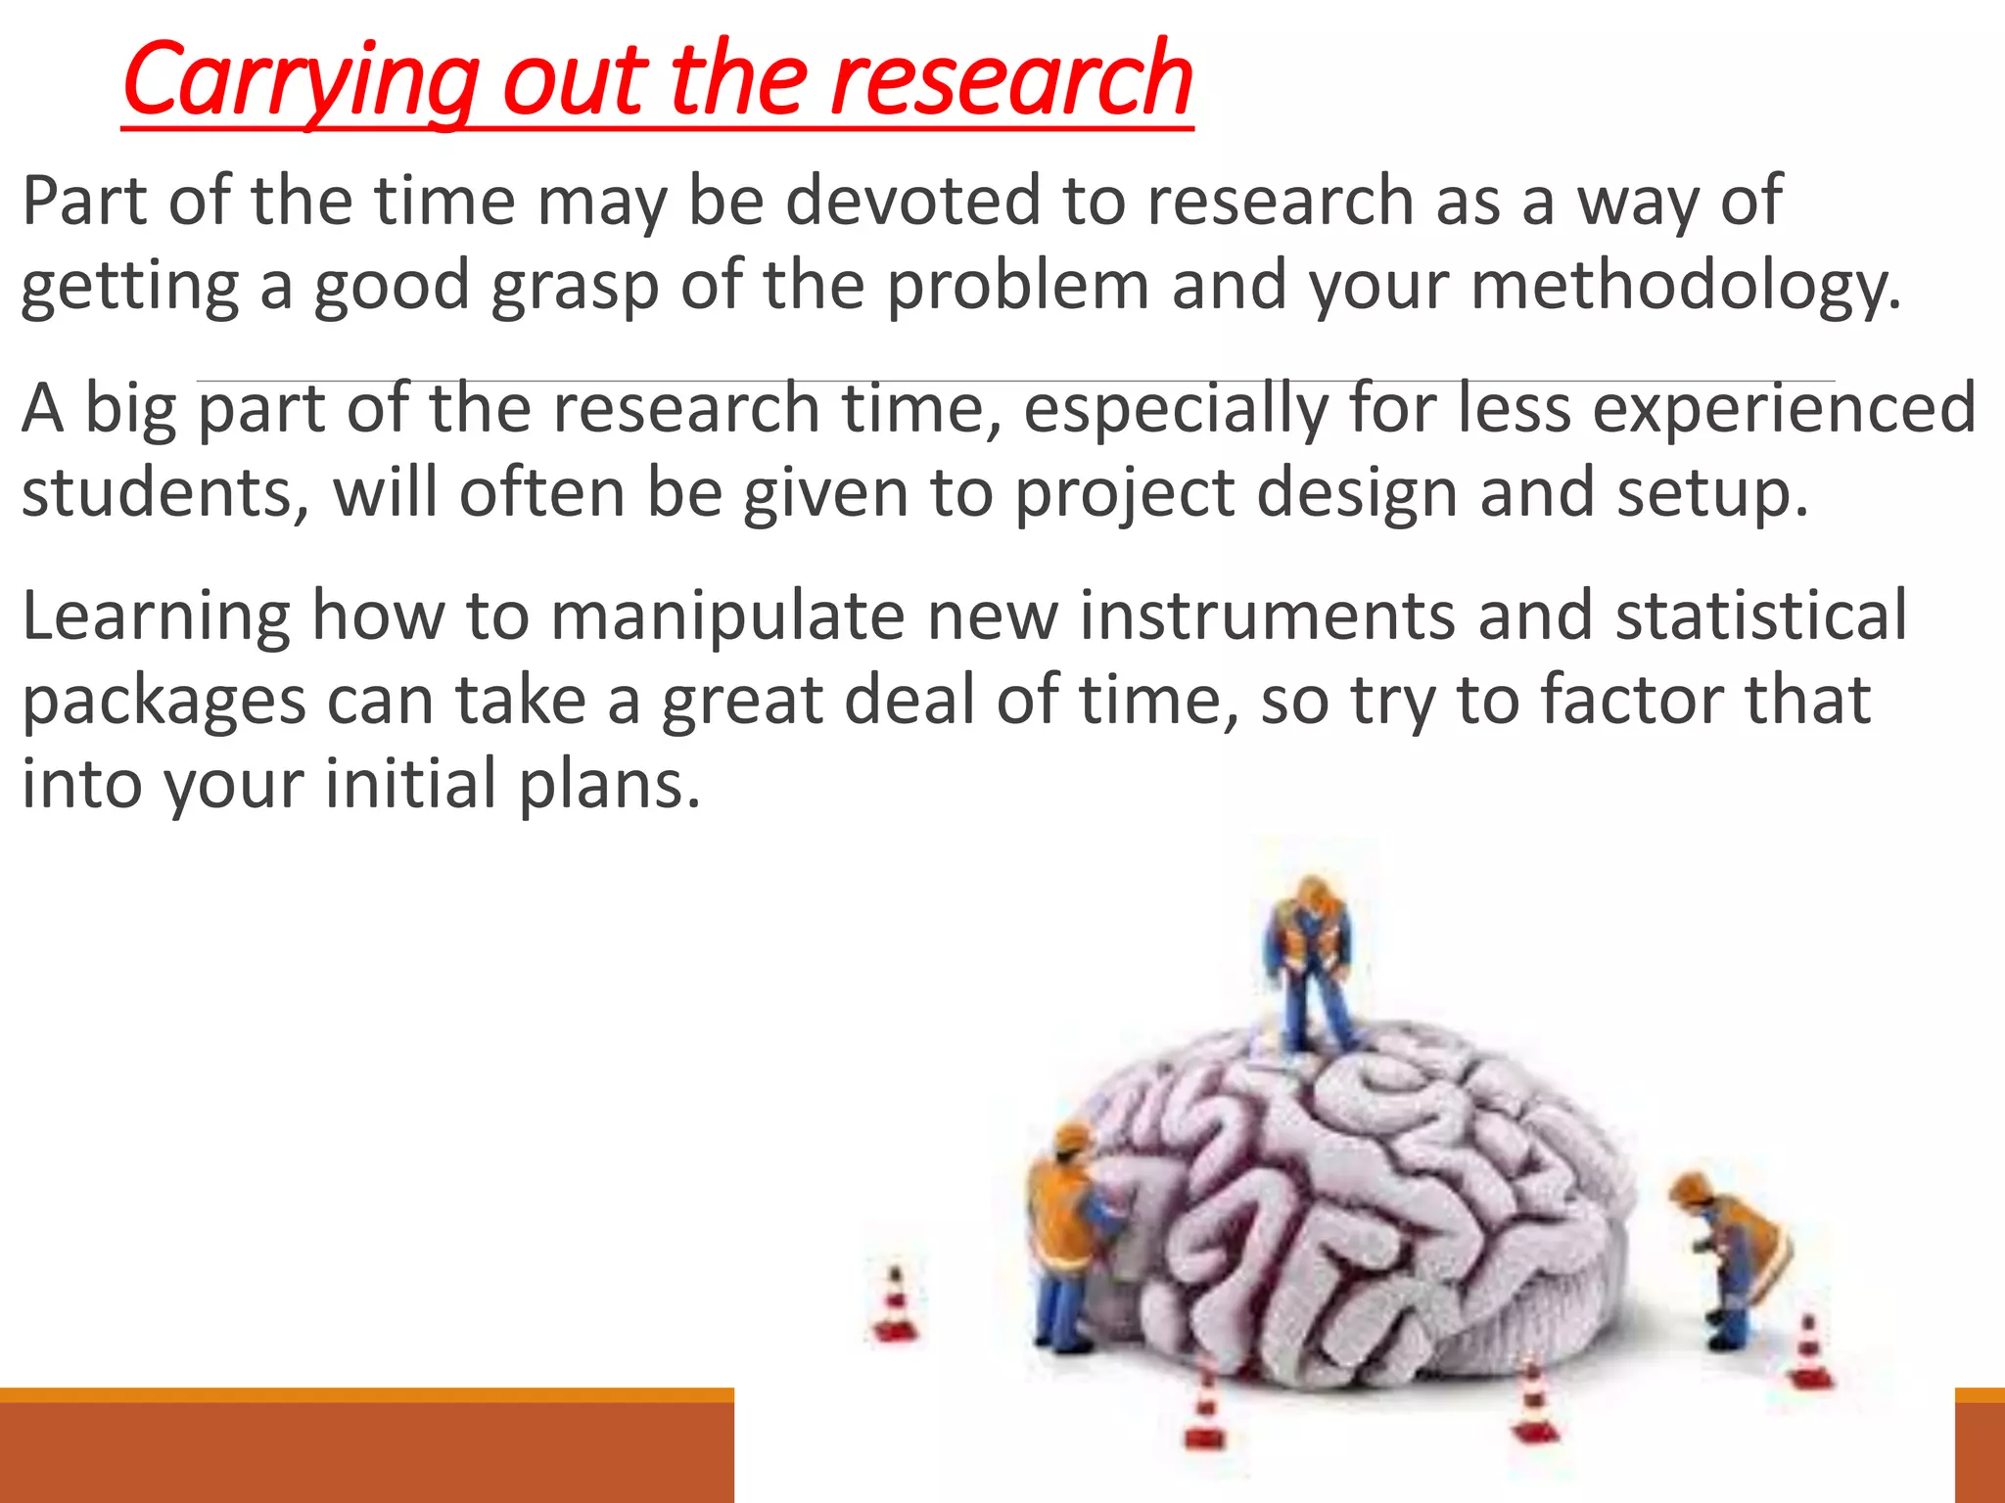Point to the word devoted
(x=912, y=201)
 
